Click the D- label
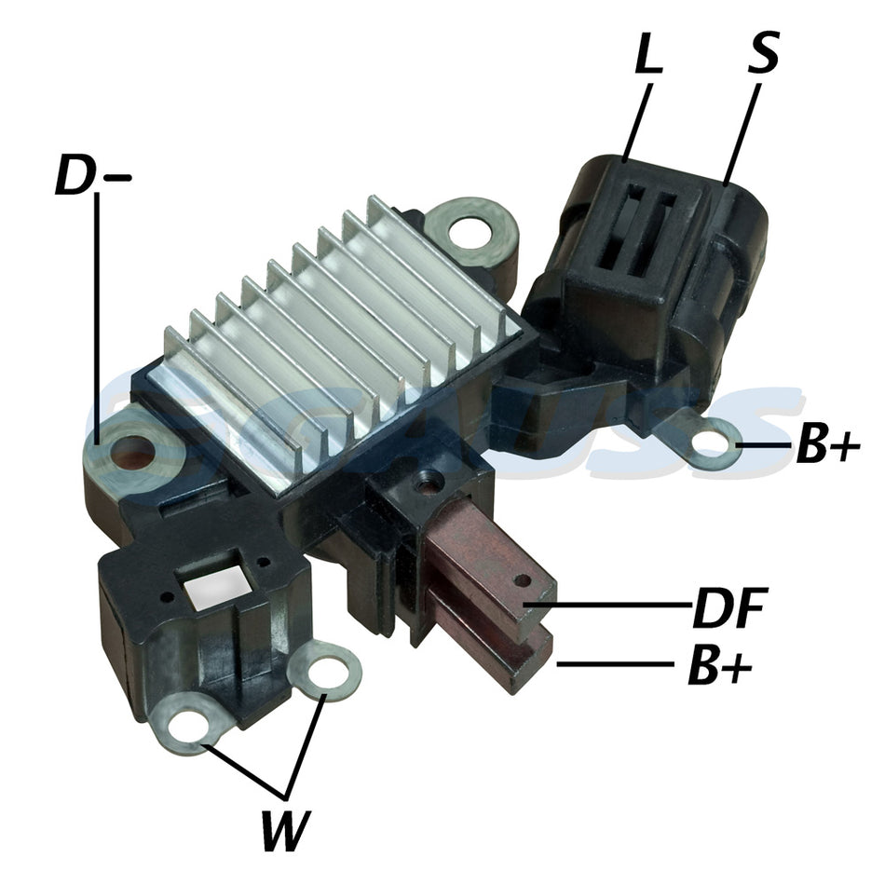tap(93, 176)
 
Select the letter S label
tap(763, 51)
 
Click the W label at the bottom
tap(286, 830)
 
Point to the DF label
tap(729, 607)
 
